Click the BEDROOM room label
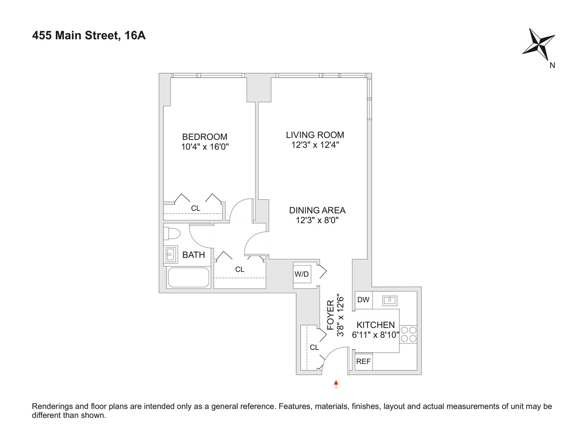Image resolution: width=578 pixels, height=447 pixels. (205, 137)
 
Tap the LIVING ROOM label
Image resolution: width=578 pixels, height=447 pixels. (315, 135)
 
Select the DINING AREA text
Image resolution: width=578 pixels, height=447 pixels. (317, 210)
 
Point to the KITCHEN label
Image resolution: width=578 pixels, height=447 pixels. (375, 325)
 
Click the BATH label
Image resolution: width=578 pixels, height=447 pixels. (193, 255)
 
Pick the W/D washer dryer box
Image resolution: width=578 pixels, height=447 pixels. (302, 274)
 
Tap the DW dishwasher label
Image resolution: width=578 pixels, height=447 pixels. (364, 299)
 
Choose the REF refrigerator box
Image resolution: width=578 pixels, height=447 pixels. (364, 361)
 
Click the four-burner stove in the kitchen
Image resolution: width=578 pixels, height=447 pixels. (408, 334)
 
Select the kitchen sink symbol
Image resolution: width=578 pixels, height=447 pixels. (390, 300)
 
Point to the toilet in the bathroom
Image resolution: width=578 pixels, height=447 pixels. (172, 233)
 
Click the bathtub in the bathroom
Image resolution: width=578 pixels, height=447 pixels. (188, 278)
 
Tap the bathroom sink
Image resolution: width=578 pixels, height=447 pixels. (170, 255)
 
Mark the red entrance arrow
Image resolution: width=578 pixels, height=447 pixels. (336, 384)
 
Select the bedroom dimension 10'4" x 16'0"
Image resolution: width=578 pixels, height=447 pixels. (205, 147)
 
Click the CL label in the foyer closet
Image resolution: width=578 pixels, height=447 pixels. (314, 347)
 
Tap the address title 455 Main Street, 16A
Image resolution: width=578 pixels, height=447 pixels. (89, 35)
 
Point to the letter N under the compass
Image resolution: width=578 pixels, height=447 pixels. (552, 65)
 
